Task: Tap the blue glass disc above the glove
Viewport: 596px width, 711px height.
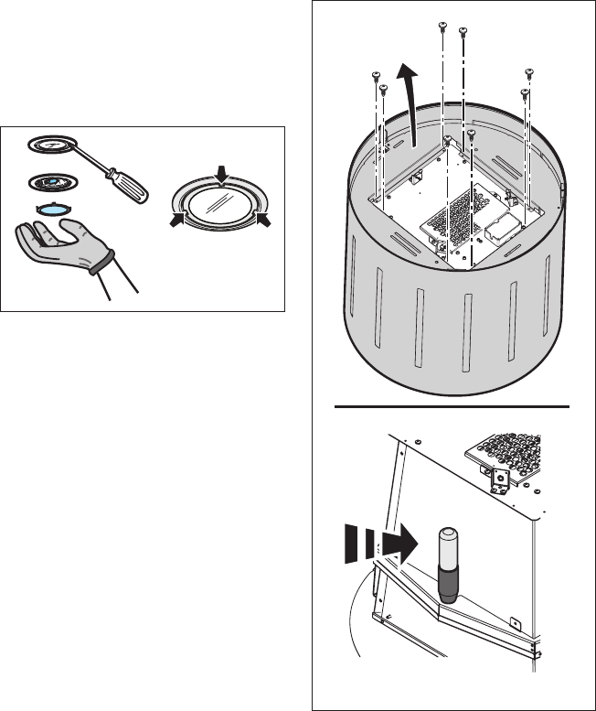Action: point(54,209)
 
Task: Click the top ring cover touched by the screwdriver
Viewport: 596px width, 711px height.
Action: point(54,145)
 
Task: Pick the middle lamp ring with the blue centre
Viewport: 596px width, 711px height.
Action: point(54,181)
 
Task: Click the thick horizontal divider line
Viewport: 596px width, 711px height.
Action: point(453,404)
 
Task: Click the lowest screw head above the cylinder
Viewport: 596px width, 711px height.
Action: point(471,134)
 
